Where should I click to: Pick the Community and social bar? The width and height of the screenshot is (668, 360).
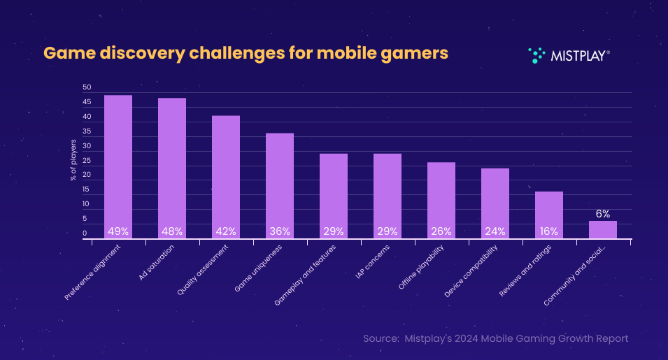[602, 230]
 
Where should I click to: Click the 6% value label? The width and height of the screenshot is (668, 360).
[602, 214]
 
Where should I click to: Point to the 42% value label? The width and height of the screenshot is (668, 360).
[225, 231]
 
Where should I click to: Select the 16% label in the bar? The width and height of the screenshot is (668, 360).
[548, 231]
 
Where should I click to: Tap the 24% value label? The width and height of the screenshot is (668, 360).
[495, 231]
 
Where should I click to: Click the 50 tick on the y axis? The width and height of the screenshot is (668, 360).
[87, 88]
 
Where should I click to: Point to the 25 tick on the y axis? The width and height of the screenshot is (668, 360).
[87, 161]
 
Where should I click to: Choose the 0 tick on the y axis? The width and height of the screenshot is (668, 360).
[85, 233]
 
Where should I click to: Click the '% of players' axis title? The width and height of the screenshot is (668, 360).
[73, 160]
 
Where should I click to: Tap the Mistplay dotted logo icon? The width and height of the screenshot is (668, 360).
[536, 55]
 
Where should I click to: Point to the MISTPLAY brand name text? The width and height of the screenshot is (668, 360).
[578, 55]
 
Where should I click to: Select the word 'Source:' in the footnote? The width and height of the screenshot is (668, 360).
[381, 338]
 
